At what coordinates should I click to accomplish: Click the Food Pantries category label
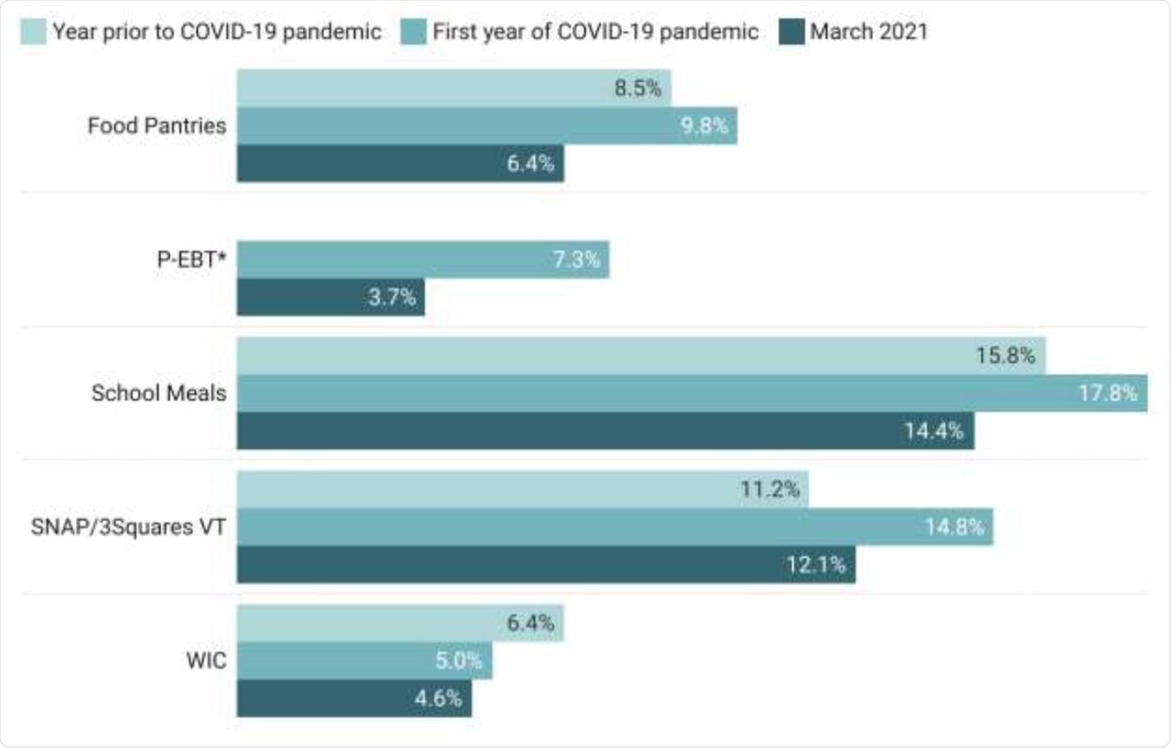pos(156,126)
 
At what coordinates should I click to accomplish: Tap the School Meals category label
pos(158,393)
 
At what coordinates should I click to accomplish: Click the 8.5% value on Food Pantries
pos(637,89)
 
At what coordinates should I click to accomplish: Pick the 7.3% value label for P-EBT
pos(575,260)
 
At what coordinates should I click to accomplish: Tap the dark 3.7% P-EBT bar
pos(330,297)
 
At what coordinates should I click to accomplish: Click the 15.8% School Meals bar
pos(640,356)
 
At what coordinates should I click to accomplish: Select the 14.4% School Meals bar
pos(605,431)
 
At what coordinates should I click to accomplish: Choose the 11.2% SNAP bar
pos(522,489)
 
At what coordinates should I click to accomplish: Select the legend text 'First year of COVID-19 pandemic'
pos(596,32)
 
